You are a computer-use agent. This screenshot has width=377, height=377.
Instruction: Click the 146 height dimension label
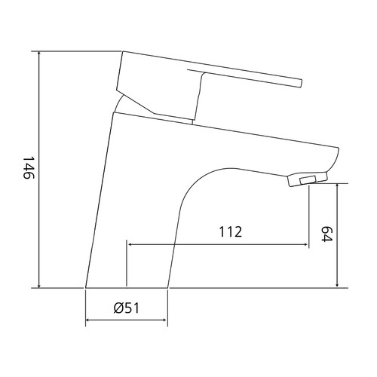click(28, 168)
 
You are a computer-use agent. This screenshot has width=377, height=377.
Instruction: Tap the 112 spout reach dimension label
click(231, 231)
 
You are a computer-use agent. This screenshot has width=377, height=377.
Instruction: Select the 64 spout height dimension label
click(326, 234)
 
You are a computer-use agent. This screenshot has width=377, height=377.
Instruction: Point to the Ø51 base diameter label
click(126, 308)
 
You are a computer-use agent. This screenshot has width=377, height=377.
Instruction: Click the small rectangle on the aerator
click(308, 179)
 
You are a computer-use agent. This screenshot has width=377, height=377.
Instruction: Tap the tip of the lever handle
click(302, 84)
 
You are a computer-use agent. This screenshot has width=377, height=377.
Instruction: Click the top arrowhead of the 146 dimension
click(38, 54)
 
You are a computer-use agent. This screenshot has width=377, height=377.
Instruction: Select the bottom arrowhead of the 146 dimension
click(38, 285)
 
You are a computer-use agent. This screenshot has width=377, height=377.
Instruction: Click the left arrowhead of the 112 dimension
click(130, 244)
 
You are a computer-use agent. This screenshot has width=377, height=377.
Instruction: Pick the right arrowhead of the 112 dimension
click(305, 244)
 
